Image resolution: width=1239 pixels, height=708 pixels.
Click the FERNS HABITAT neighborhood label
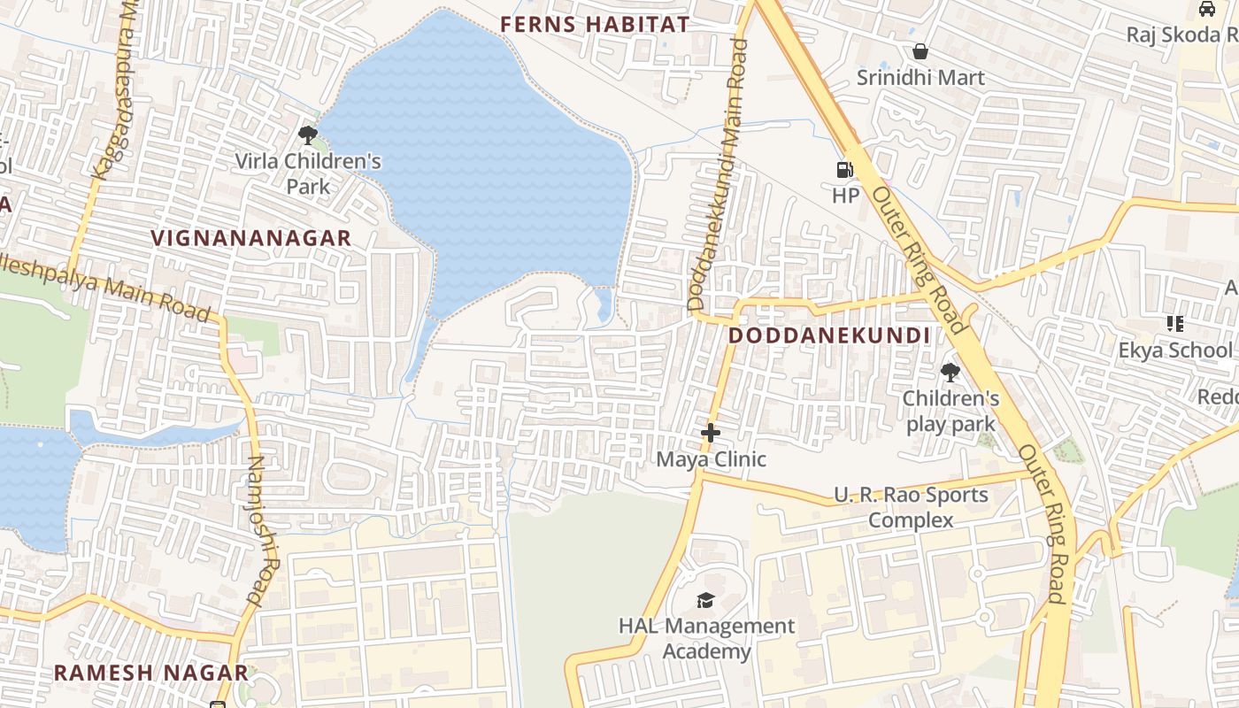[594, 25]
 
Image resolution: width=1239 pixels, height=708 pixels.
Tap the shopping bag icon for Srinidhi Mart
[920, 52]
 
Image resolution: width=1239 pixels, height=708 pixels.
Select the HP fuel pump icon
[845, 170]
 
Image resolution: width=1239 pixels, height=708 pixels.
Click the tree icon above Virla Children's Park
[308, 135]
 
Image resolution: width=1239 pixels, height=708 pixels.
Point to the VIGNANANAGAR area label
[251, 238]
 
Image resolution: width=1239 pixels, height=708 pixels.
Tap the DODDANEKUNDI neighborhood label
[829, 336]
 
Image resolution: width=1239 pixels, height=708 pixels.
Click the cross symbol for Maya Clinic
[710, 434]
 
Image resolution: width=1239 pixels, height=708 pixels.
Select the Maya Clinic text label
[711, 460]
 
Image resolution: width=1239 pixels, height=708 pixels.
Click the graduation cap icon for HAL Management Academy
[705, 601]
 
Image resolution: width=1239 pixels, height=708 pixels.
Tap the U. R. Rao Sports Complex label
[911, 507]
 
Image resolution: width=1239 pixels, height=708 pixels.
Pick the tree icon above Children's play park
[950, 373]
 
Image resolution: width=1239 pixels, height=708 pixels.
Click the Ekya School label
[1174, 350]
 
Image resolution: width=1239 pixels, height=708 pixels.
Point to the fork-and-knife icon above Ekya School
[1175, 324]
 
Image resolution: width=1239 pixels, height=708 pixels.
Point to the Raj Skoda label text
[1181, 35]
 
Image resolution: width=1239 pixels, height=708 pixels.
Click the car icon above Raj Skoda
[1207, 9]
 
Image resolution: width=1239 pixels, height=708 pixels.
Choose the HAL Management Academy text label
[706, 639]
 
